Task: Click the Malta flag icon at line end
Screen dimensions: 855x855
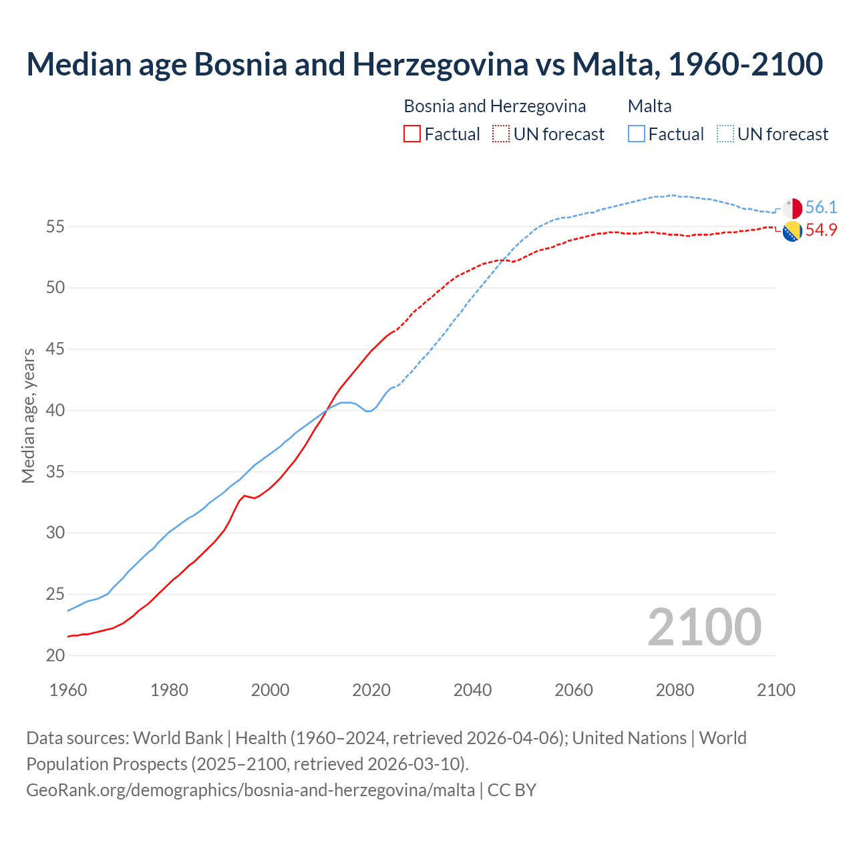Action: point(792,208)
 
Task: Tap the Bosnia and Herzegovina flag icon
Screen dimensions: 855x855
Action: point(792,231)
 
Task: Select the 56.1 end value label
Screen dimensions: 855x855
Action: point(821,208)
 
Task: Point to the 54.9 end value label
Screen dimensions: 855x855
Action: point(821,230)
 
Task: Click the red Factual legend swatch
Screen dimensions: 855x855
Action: point(412,134)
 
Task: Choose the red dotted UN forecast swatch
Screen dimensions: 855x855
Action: point(501,134)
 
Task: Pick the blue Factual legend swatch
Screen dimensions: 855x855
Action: point(637,134)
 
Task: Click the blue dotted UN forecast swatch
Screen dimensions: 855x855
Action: point(725,134)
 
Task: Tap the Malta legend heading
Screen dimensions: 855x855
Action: point(649,106)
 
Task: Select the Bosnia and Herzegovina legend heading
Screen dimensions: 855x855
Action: point(494,106)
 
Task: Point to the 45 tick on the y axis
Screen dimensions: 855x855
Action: point(55,349)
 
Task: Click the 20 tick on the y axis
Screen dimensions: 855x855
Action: point(55,656)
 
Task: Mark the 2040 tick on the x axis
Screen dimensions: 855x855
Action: point(472,690)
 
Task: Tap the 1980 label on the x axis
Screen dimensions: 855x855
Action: point(169,690)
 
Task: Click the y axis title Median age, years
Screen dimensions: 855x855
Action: point(28,415)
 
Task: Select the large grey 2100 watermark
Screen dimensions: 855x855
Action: point(705,627)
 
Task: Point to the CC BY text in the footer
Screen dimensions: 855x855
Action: point(512,790)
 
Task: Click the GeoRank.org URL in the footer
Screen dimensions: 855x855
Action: point(250,790)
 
